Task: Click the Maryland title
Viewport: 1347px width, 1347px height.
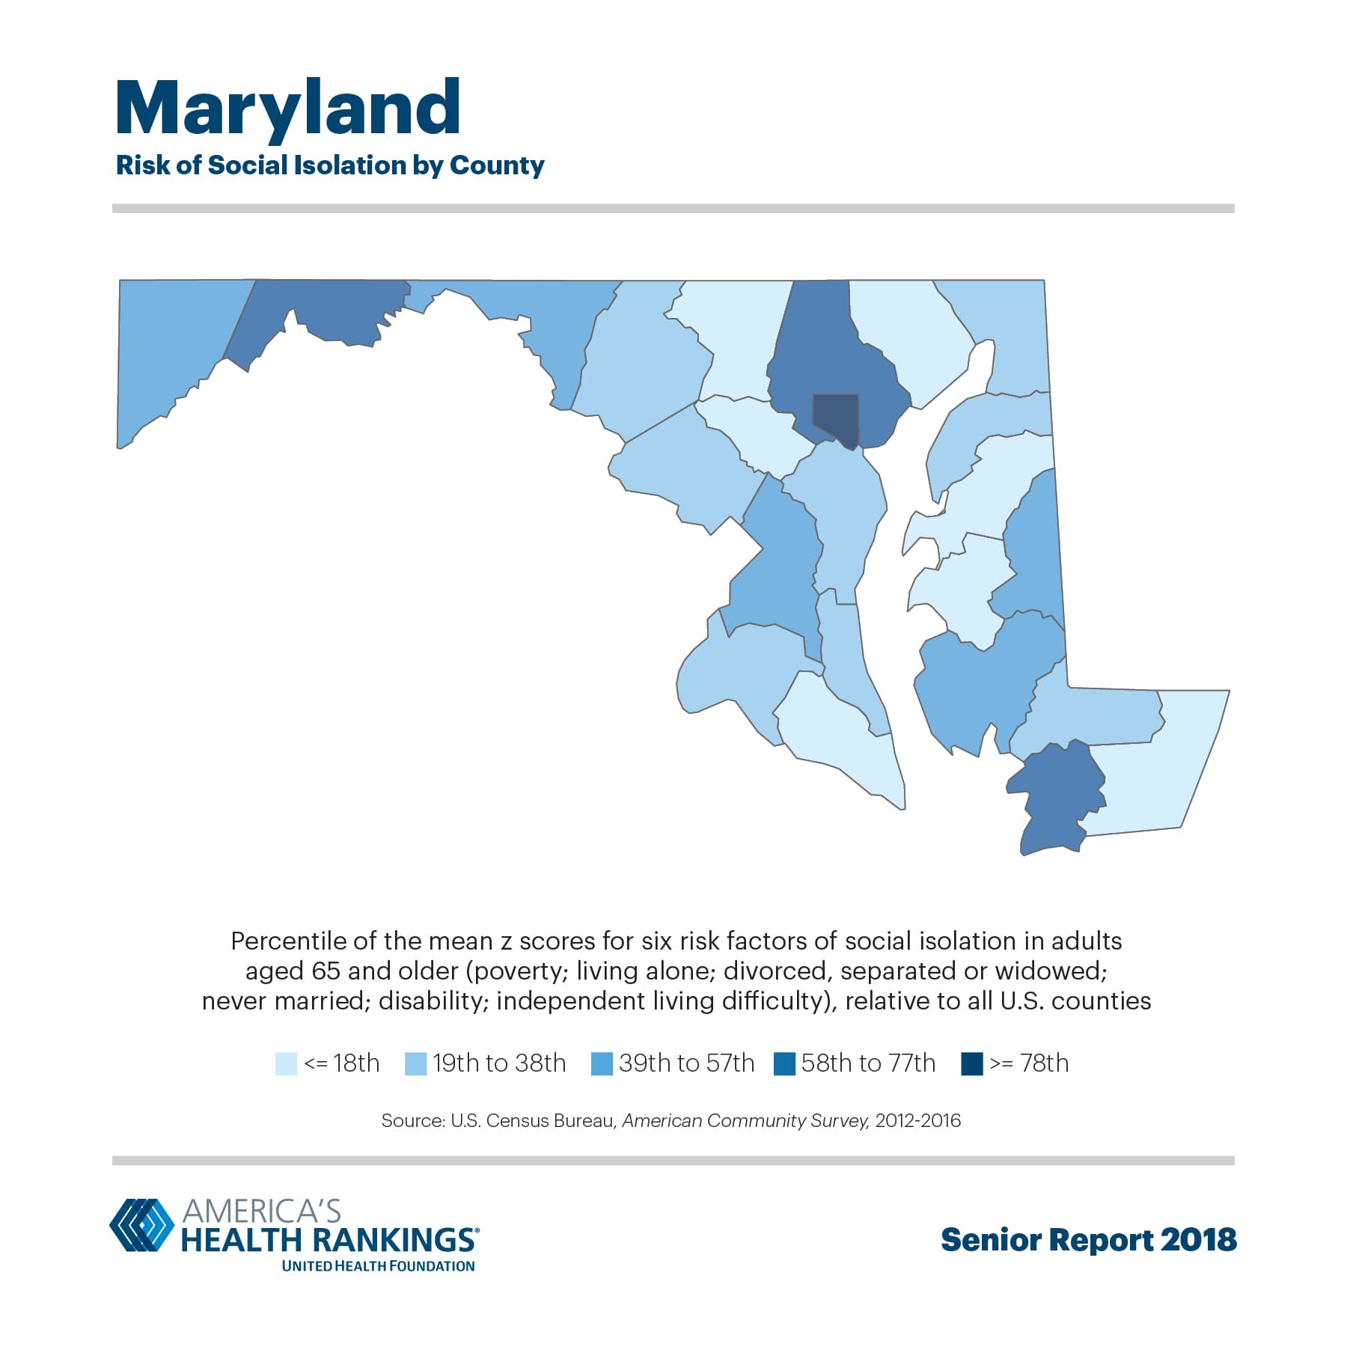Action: tap(288, 109)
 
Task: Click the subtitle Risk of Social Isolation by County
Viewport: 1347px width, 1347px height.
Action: tap(330, 165)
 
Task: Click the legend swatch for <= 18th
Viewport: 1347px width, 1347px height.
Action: tap(286, 1063)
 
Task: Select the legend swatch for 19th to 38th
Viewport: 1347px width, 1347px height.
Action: tap(415, 1063)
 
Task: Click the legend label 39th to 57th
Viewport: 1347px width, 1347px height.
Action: tap(686, 1063)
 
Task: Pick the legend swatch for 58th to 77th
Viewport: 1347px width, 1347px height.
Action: tap(784, 1063)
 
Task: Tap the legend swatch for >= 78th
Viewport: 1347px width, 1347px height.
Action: tap(971, 1063)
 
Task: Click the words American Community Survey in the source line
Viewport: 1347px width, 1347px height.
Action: tap(745, 1121)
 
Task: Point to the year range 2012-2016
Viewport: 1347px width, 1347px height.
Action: tap(917, 1121)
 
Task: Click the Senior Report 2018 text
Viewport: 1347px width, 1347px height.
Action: tap(1088, 1240)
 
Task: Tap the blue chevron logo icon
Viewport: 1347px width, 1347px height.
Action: tap(142, 1225)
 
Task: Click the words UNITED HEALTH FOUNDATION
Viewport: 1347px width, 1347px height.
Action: tap(378, 1266)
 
